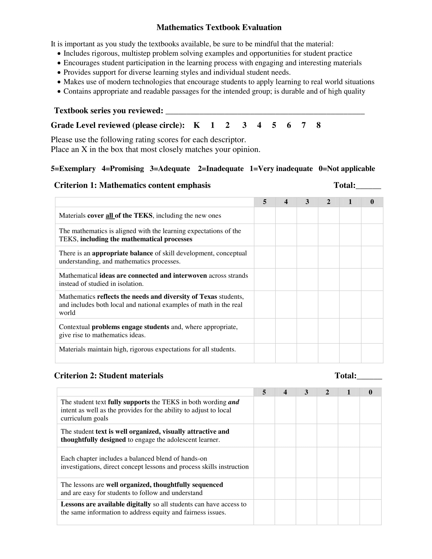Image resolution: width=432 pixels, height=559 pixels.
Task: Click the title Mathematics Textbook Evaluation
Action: coord(219,27)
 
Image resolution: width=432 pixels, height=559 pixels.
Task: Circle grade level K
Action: coord(196,125)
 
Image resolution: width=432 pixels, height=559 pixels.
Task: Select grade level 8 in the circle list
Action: coord(318,125)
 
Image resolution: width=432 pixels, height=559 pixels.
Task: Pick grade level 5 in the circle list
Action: coord(274,125)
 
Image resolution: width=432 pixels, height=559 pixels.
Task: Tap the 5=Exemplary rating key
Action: coord(73,169)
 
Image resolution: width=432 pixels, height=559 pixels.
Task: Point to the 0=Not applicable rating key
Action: coord(347,169)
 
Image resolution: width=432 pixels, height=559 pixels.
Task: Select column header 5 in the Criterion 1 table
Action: coord(265,202)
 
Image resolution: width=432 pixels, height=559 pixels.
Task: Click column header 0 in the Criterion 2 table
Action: coord(370,392)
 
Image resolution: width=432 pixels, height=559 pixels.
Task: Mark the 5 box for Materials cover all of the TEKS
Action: coord(265,215)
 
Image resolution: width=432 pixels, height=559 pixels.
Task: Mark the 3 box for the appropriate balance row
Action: coord(307,257)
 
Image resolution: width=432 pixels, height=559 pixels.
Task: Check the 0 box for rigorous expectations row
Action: coord(372,353)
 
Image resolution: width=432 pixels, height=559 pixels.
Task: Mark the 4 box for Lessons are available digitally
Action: coord(285,512)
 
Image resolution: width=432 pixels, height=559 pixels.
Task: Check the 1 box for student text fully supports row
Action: coord(349,410)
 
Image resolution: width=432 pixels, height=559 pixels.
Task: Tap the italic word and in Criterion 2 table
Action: coord(233,402)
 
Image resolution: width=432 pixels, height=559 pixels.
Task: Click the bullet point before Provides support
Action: coord(59,73)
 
